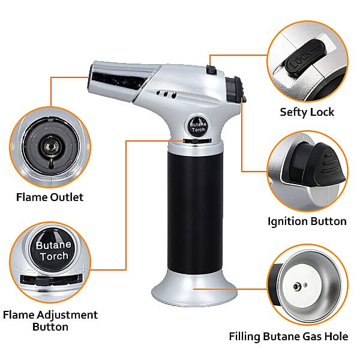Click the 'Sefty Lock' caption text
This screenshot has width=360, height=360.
[x=307, y=112]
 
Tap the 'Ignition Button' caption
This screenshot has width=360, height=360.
[x=307, y=221]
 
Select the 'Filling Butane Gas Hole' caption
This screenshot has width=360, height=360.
[x=288, y=337]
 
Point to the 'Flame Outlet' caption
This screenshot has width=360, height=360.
[x=50, y=197]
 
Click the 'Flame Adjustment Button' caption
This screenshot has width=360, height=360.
[x=50, y=320]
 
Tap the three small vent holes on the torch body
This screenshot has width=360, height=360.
[x=167, y=94]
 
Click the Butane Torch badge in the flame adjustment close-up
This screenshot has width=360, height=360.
[x=53, y=251]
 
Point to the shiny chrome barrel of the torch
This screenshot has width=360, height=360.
[x=120, y=77]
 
